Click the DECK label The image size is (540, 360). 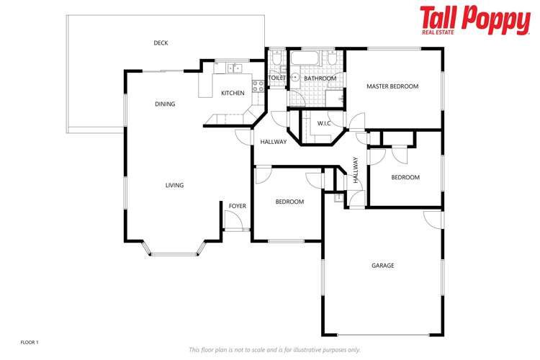[161, 43]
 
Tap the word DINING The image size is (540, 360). [165, 104]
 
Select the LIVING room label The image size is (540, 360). [174, 186]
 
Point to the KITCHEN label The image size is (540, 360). [233, 93]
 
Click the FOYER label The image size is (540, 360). [237, 207]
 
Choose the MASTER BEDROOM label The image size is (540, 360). [392, 86]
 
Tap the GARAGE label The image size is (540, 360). [382, 266]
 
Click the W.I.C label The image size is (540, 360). [324, 124]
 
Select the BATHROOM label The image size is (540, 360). [320, 78]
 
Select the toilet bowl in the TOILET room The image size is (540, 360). [276, 59]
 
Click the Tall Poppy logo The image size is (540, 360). [474, 20]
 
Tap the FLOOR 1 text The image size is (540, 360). [30, 341]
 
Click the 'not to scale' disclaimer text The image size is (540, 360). [274, 350]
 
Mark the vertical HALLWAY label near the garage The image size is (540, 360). [355, 171]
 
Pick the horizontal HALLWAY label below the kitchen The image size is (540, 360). [274, 142]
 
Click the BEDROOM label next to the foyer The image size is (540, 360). [289, 202]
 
